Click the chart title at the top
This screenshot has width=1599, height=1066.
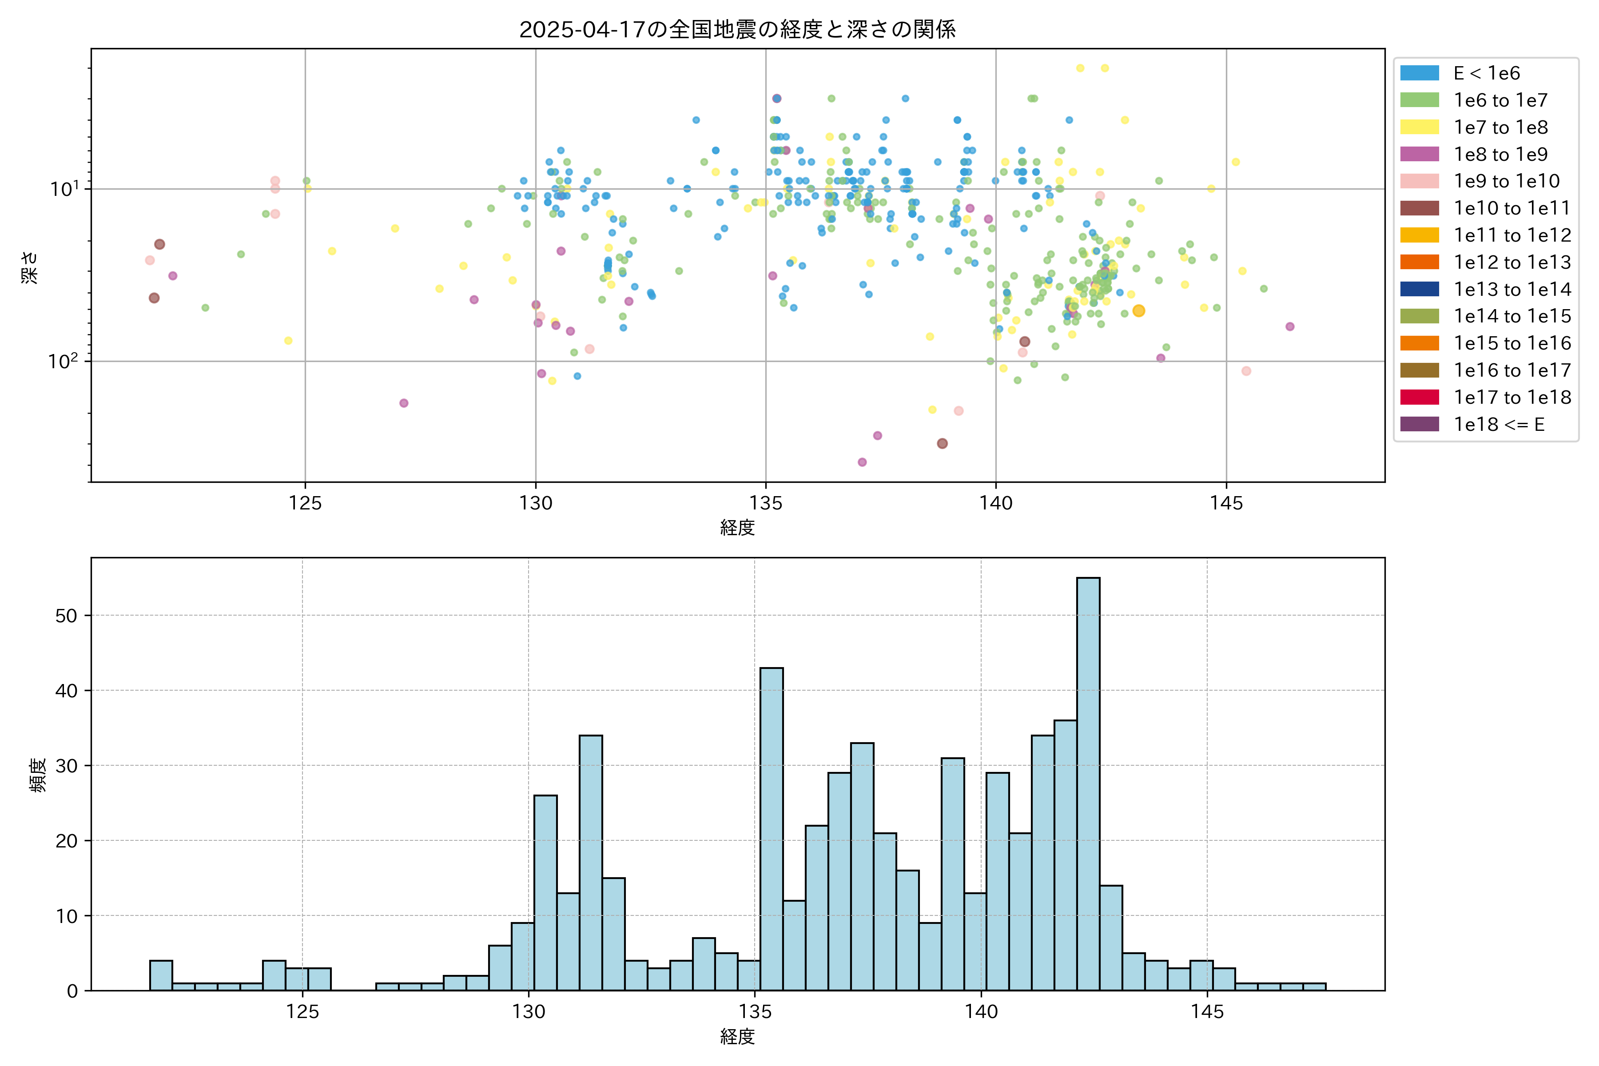738,29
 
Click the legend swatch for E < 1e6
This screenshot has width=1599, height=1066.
1420,73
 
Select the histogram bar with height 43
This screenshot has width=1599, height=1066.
772,829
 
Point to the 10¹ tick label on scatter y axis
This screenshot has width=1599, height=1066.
64,188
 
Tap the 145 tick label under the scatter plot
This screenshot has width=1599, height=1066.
1226,504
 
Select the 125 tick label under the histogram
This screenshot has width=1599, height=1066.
302,1012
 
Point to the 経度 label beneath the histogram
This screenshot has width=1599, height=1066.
738,1036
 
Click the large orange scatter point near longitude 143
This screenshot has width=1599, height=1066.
1139,310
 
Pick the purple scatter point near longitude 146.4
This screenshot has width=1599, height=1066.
1290,326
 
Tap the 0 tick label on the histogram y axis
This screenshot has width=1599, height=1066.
72,991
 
